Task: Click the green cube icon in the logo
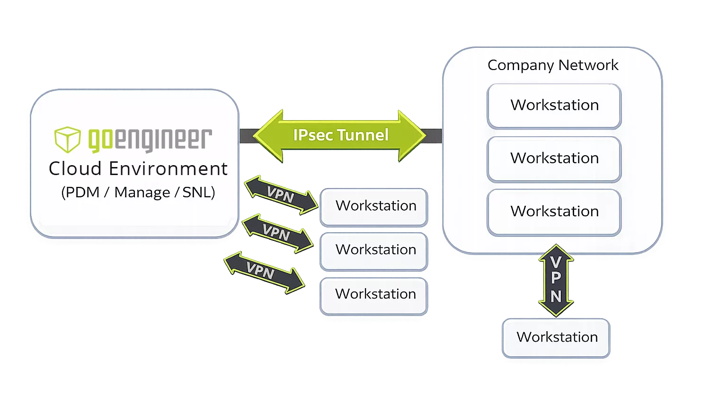point(67,139)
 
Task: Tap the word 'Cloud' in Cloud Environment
point(75,169)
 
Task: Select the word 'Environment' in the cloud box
point(168,169)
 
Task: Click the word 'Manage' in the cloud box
point(142,193)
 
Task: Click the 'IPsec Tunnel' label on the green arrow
point(341,135)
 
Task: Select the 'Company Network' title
point(553,65)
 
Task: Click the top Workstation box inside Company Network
point(554,106)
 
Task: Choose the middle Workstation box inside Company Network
point(554,158)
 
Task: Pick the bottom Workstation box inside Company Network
point(554,211)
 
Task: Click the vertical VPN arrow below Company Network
point(556,280)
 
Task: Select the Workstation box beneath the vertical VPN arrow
point(557,337)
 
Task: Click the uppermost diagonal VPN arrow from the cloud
point(280,194)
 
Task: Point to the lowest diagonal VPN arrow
point(263,272)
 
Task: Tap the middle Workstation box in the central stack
point(374,250)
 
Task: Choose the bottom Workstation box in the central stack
point(374,294)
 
